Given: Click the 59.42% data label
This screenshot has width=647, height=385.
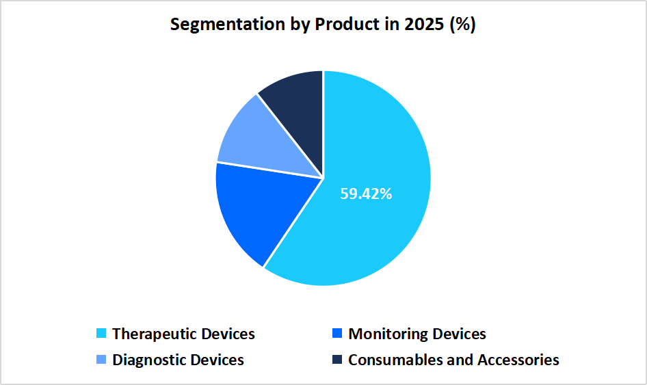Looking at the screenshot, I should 366,194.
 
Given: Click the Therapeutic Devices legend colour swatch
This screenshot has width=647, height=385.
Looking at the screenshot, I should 101,334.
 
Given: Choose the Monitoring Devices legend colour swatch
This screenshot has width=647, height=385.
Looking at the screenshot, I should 336,334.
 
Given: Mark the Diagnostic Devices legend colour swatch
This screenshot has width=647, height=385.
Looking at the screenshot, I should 101,360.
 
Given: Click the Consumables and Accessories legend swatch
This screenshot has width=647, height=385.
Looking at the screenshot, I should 336,360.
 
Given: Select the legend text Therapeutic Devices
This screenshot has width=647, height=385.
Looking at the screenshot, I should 183,334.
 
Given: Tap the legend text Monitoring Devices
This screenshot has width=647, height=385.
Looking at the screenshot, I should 417,334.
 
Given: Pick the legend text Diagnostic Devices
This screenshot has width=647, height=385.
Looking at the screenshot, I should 178,360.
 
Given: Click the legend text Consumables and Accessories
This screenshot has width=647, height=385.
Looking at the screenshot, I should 453,360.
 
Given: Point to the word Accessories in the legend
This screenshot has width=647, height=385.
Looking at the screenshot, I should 518,360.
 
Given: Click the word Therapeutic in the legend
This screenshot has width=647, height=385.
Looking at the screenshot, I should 155,334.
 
